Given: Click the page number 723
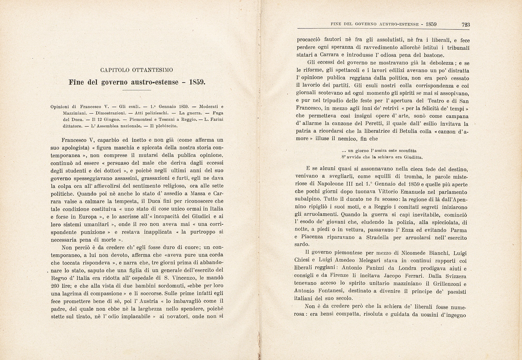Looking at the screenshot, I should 466,25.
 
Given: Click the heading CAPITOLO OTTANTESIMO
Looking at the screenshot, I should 137,70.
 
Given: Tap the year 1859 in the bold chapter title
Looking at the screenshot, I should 197,82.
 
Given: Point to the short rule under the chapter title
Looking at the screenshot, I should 137,90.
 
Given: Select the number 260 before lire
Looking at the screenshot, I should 56,286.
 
